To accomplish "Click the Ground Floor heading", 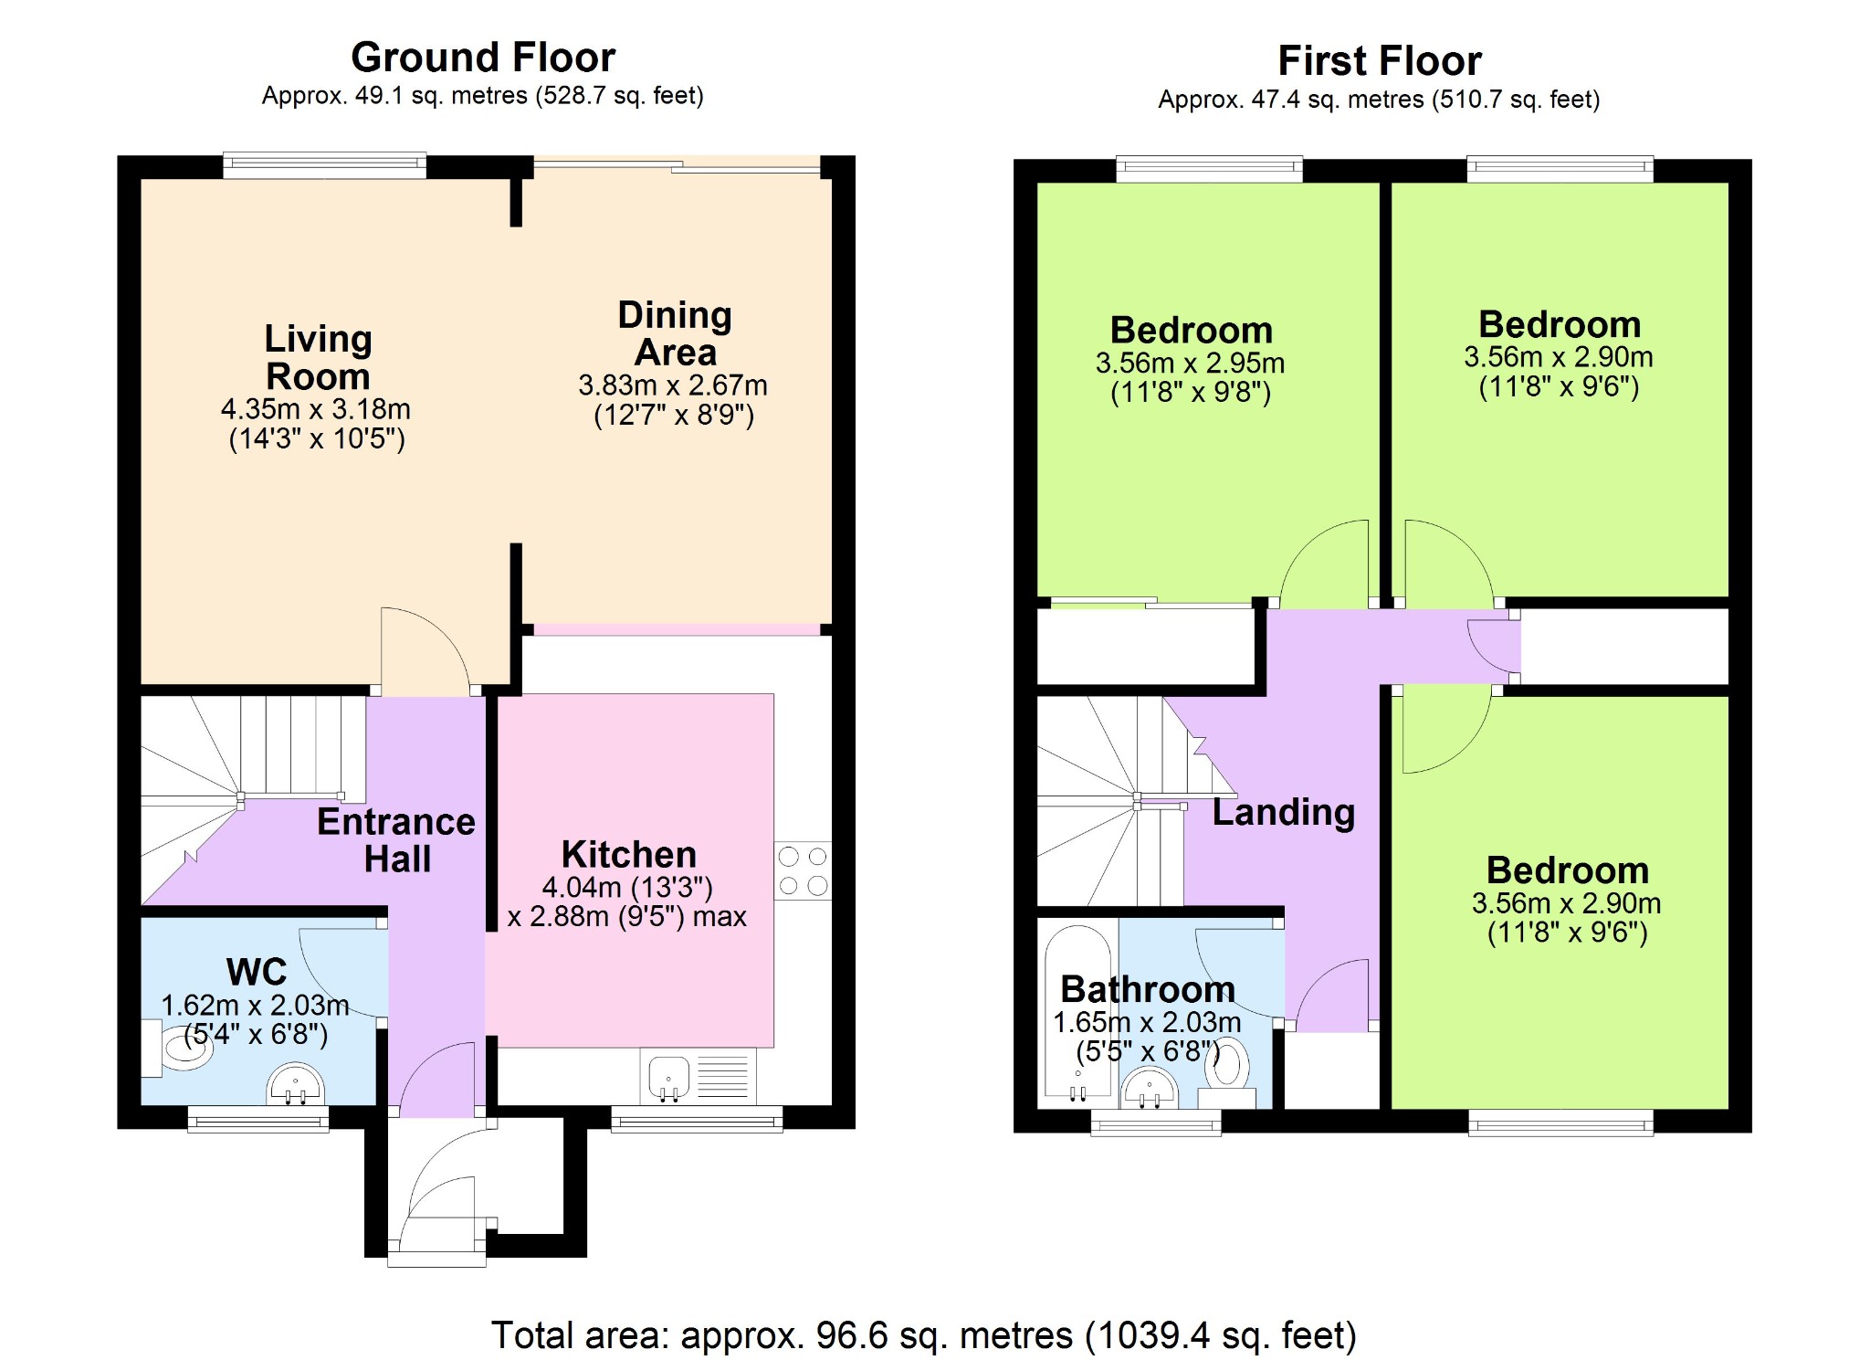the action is click(483, 58).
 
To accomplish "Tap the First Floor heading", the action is click(1380, 61).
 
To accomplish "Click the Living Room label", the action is click(318, 357).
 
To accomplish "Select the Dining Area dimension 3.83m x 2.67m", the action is click(673, 385).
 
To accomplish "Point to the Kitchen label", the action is click(629, 855).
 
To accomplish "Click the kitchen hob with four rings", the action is click(804, 870).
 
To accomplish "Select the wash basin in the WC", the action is click(295, 1084).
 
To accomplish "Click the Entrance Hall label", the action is click(396, 840).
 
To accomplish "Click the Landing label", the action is click(1284, 813).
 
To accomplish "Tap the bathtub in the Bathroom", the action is click(1078, 1014).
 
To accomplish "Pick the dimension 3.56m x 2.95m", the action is click(1191, 364).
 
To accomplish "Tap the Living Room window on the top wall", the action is click(324, 164).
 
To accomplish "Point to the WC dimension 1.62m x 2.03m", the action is click(255, 1006).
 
